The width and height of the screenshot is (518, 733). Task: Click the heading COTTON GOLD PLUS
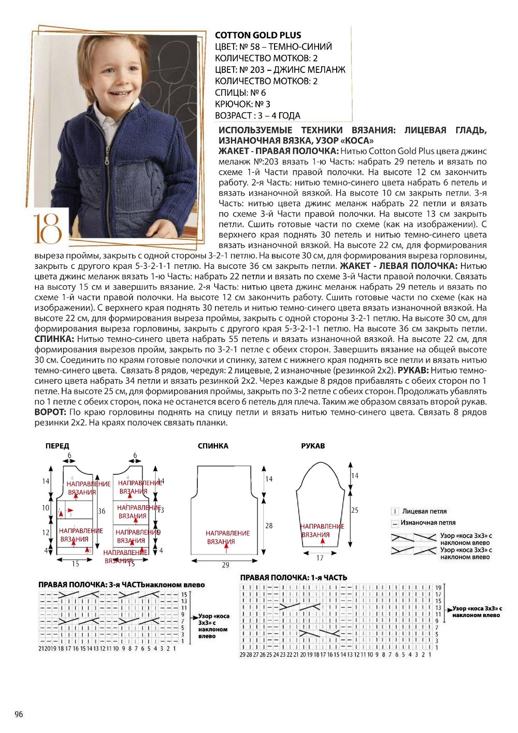[x=258, y=35]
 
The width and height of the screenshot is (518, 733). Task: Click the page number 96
[x=19, y=714]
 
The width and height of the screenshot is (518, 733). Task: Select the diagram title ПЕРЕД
[x=57, y=446]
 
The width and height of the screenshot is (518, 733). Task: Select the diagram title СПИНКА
[x=213, y=446]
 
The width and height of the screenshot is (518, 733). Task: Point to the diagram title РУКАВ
[x=313, y=446]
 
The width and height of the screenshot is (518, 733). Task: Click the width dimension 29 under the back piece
[x=225, y=565]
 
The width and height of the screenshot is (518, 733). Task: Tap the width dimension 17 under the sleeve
[x=320, y=558]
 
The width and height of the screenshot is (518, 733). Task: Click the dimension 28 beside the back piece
[x=269, y=526]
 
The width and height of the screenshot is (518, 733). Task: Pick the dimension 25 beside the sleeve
[x=355, y=510]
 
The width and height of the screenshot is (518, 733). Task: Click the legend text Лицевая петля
[x=424, y=511]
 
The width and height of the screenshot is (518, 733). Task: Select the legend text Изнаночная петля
[x=428, y=522]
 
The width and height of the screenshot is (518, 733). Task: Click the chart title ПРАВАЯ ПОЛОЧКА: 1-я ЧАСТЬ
[x=293, y=578]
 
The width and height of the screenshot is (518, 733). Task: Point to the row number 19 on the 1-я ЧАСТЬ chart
[x=438, y=588]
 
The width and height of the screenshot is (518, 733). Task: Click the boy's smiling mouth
[x=120, y=94]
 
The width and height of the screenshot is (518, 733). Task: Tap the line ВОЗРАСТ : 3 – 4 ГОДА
[x=257, y=116]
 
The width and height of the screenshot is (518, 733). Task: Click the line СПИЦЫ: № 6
[x=240, y=93]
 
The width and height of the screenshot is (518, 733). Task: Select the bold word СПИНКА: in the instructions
[x=54, y=339]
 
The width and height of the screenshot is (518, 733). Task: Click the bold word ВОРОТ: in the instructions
[x=50, y=412]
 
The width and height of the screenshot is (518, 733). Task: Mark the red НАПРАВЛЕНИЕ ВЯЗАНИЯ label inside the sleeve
[x=322, y=530]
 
